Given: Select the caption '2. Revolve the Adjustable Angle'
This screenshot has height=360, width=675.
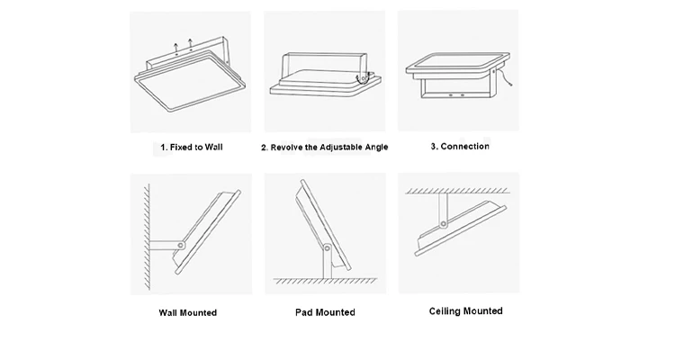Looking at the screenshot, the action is point(325,147).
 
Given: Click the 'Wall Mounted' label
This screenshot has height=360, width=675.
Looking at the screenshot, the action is point(187,313).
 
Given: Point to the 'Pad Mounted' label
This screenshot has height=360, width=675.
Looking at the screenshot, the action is point(325,312).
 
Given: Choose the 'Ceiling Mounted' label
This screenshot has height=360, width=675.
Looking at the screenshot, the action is point(464,311).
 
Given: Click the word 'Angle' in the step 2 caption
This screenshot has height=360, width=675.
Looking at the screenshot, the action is point(373,147).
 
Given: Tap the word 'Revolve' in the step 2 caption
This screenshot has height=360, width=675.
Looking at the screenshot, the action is point(286,147).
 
